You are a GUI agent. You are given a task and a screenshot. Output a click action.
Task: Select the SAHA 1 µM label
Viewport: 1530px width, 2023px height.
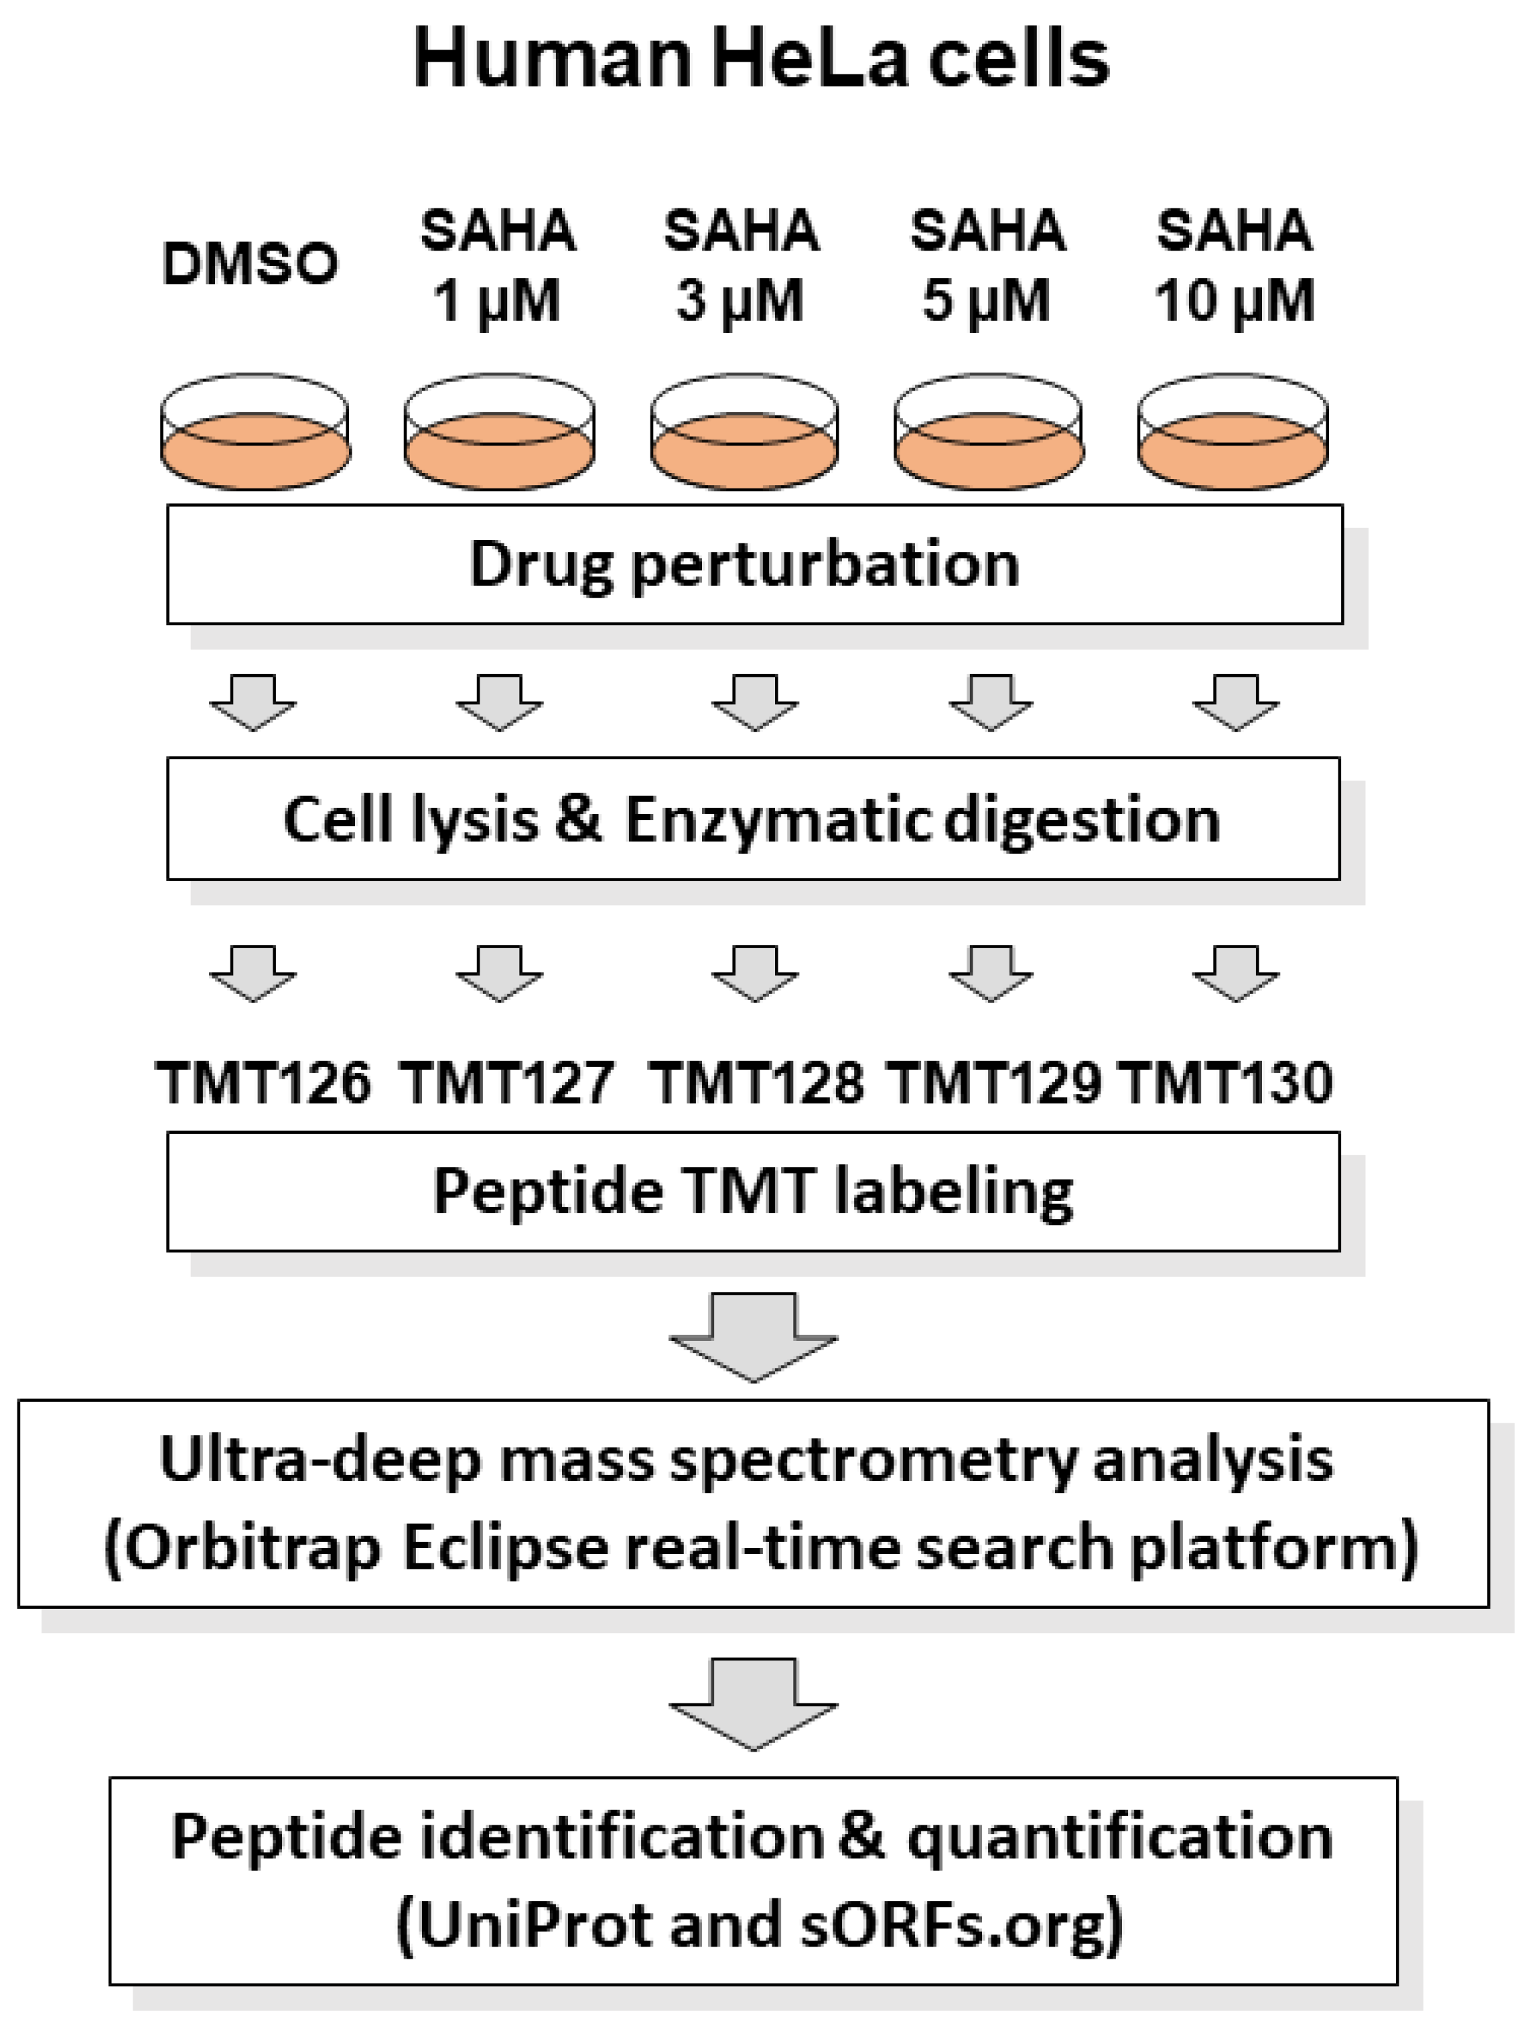coord(498,265)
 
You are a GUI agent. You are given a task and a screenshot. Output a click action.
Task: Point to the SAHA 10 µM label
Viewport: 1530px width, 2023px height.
coord(1235,265)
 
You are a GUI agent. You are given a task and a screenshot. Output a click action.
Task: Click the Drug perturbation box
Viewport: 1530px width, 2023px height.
coord(754,564)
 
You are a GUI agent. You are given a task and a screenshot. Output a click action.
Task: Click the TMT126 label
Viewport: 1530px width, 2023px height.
coord(263,1083)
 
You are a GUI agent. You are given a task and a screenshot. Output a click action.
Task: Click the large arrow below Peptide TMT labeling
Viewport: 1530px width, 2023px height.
coord(754,1336)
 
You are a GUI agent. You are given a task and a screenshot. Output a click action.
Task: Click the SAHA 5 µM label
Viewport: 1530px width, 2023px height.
coord(987,265)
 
